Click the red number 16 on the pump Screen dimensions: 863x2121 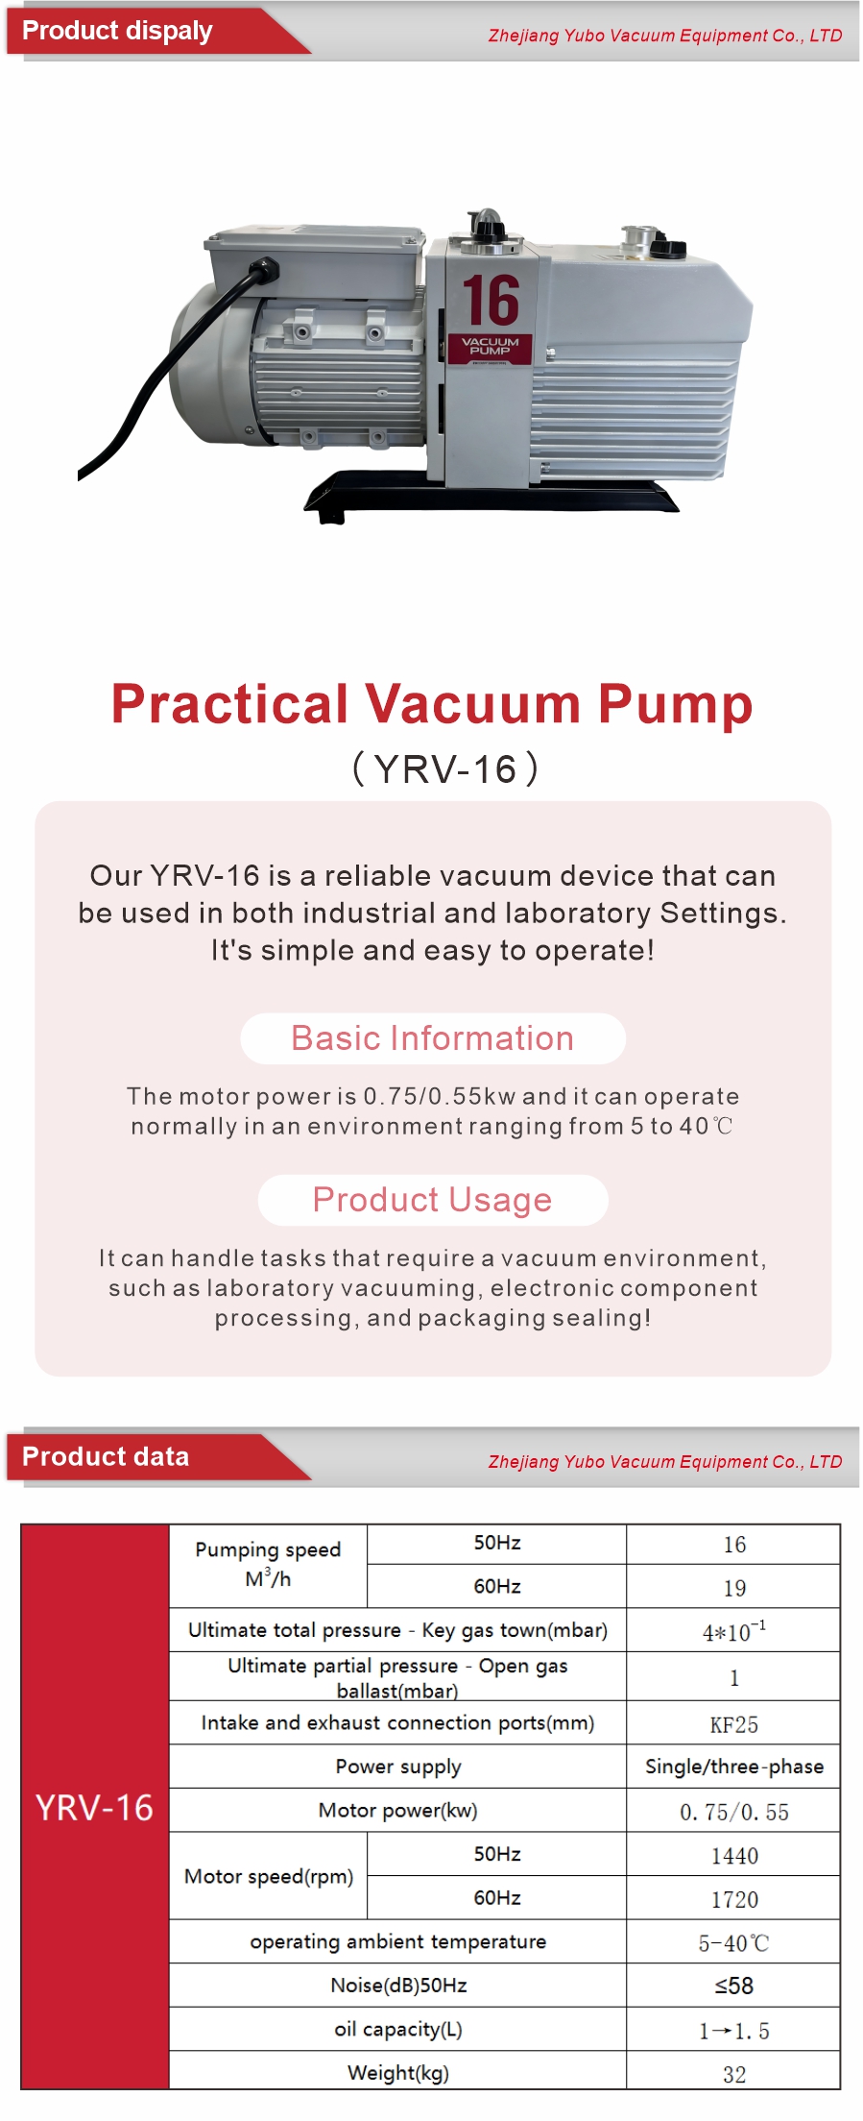[491, 301]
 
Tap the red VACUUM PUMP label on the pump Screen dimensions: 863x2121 [490, 348]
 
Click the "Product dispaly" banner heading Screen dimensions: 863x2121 [117, 31]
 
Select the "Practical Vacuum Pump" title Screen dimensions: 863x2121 [432, 704]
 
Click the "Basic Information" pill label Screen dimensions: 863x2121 [433, 1038]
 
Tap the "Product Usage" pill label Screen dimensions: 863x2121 [433, 1200]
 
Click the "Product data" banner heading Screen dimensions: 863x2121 [106, 1456]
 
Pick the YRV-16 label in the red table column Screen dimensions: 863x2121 [94, 1807]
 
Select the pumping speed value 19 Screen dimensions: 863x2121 [734, 1588]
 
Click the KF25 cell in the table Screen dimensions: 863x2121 [734, 1724]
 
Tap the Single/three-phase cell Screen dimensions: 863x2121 [734, 1767]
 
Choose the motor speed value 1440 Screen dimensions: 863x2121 [734, 1856]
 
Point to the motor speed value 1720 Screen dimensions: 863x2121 [734, 1899]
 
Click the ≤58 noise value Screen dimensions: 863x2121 [734, 1986]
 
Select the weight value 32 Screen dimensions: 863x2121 [734, 2074]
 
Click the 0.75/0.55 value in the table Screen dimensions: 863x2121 [734, 1812]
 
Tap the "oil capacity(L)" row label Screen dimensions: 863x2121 [398, 2030]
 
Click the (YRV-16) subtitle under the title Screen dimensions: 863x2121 [445, 769]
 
